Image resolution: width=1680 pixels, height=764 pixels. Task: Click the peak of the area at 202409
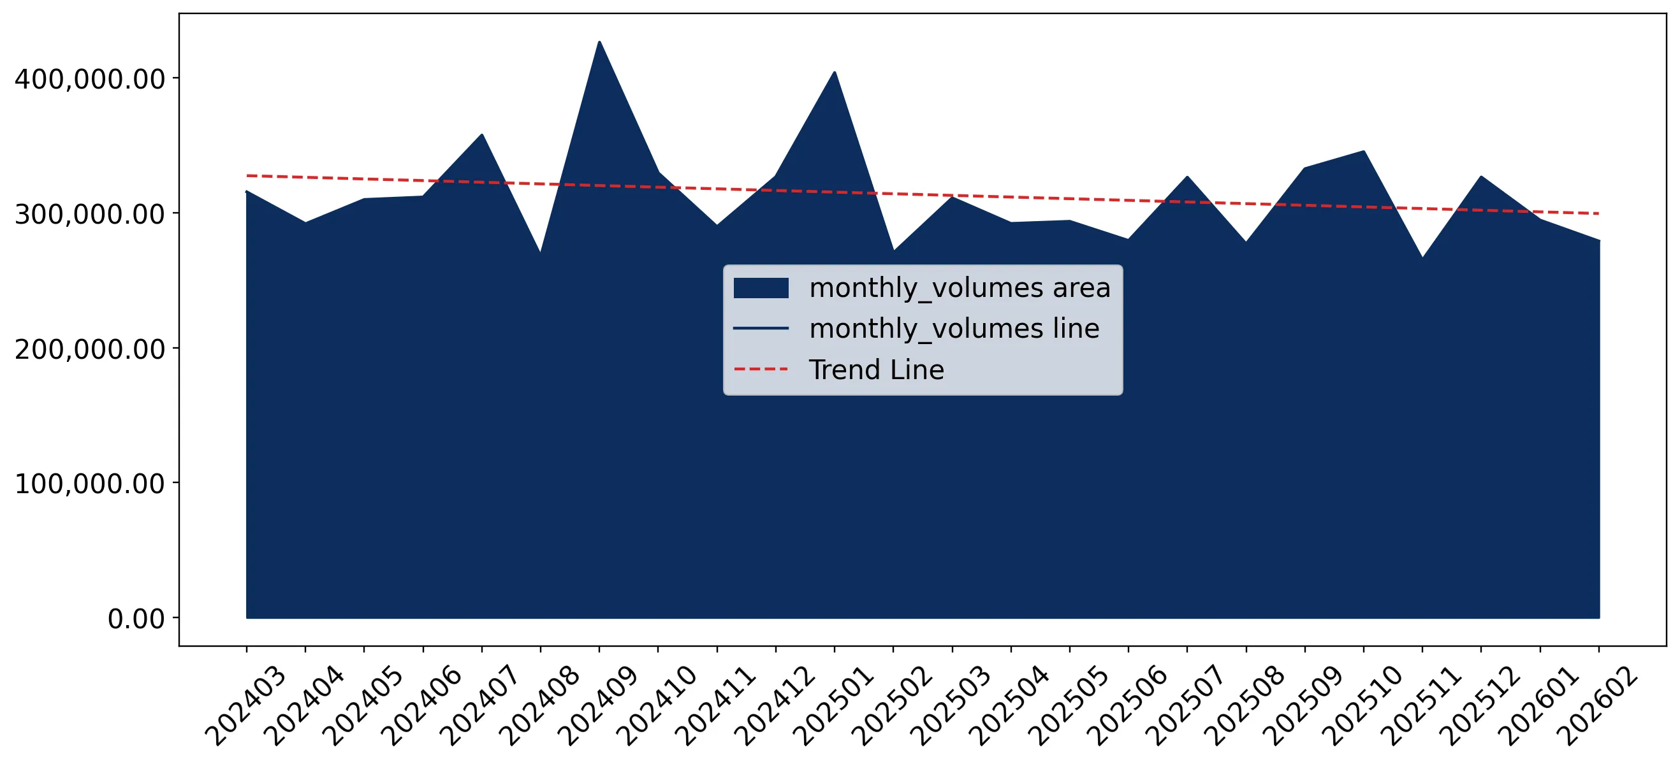point(599,41)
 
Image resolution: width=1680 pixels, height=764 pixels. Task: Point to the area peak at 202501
point(835,73)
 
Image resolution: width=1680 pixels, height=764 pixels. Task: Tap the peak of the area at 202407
point(482,135)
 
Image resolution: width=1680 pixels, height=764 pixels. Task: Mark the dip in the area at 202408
point(540,252)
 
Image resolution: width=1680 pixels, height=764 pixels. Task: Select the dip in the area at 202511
point(1422,257)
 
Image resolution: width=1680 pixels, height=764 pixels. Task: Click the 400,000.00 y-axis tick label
point(89,79)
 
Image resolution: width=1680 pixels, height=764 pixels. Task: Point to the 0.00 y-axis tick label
point(136,619)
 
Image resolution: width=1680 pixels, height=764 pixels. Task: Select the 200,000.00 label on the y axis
point(89,349)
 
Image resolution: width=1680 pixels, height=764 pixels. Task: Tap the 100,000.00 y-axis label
point(89,484)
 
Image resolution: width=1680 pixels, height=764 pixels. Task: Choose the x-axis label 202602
point(1597,706)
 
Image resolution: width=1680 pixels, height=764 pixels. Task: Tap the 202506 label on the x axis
point(1127,706)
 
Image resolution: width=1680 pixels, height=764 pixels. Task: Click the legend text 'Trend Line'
point(877,370)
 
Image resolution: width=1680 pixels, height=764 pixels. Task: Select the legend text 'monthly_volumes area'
point(960,288)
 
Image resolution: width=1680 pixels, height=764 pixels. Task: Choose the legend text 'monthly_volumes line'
point(954,329)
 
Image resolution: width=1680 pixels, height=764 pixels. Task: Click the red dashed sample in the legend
point(761,369)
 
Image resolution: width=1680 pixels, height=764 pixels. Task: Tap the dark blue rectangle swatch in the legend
point(761,287)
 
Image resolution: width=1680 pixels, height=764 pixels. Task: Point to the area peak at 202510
point(1364,151)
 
